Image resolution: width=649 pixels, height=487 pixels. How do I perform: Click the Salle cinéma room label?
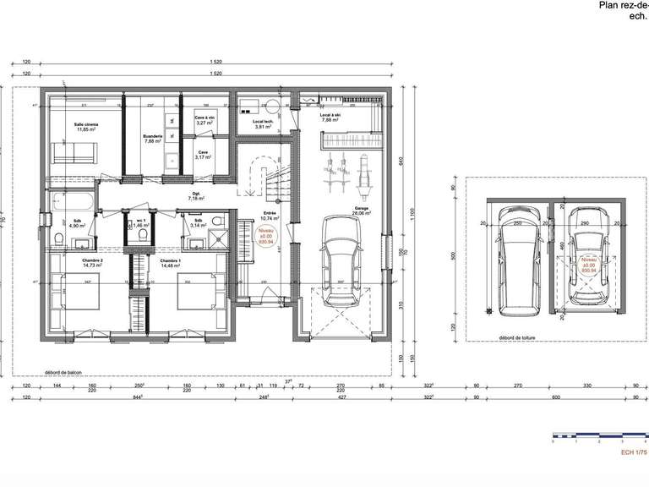click(86, 128)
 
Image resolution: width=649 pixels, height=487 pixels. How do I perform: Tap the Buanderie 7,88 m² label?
click(152, 139)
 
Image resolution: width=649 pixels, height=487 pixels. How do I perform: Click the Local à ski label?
click(330, 118)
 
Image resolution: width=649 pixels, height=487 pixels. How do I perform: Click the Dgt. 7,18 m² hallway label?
click(194, 194)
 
